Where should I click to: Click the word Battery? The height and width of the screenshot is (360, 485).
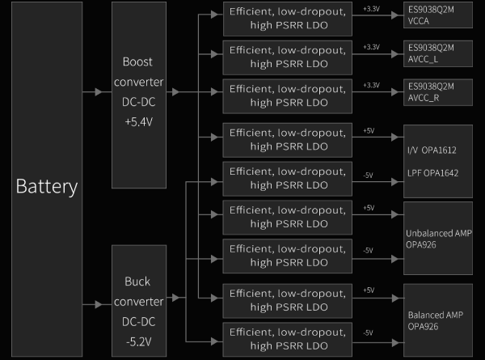[46, 187]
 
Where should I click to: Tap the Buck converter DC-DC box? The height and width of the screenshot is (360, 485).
[143, 311]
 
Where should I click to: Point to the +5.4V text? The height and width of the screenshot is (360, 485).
[143, 122]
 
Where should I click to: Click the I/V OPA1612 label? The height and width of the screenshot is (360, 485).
[431, 150]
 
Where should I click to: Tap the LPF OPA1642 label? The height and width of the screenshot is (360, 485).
[432, 173]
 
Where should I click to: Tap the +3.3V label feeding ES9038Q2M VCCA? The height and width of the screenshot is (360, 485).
[371, 9]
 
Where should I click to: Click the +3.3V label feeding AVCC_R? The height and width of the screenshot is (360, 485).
[371, 86]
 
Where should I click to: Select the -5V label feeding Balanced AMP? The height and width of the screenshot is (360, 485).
[368, 333]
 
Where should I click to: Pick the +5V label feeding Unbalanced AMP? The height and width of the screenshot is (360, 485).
[369, 208]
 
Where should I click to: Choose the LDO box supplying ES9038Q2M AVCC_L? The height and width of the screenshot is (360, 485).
[289, 57]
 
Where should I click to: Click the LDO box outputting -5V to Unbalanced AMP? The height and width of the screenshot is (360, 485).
[289, 256]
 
